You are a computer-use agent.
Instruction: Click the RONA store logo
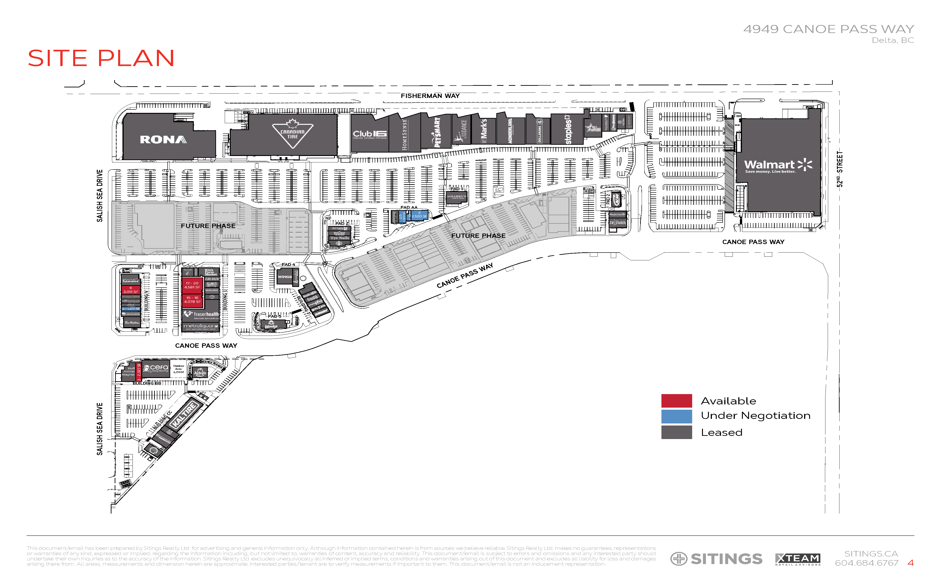(163, 139)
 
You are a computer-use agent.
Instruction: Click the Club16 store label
(369, 134)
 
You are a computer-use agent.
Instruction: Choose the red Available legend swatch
(676, 401)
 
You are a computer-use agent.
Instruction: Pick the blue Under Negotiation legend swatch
(676, 416)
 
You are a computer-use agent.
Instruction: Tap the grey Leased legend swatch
(676, 432)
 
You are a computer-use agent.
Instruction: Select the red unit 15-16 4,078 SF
(192, 300)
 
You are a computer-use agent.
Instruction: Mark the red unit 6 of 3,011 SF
(131, 290)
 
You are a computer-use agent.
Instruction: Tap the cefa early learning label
(156, 368)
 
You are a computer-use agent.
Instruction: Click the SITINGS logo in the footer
(716, 559)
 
